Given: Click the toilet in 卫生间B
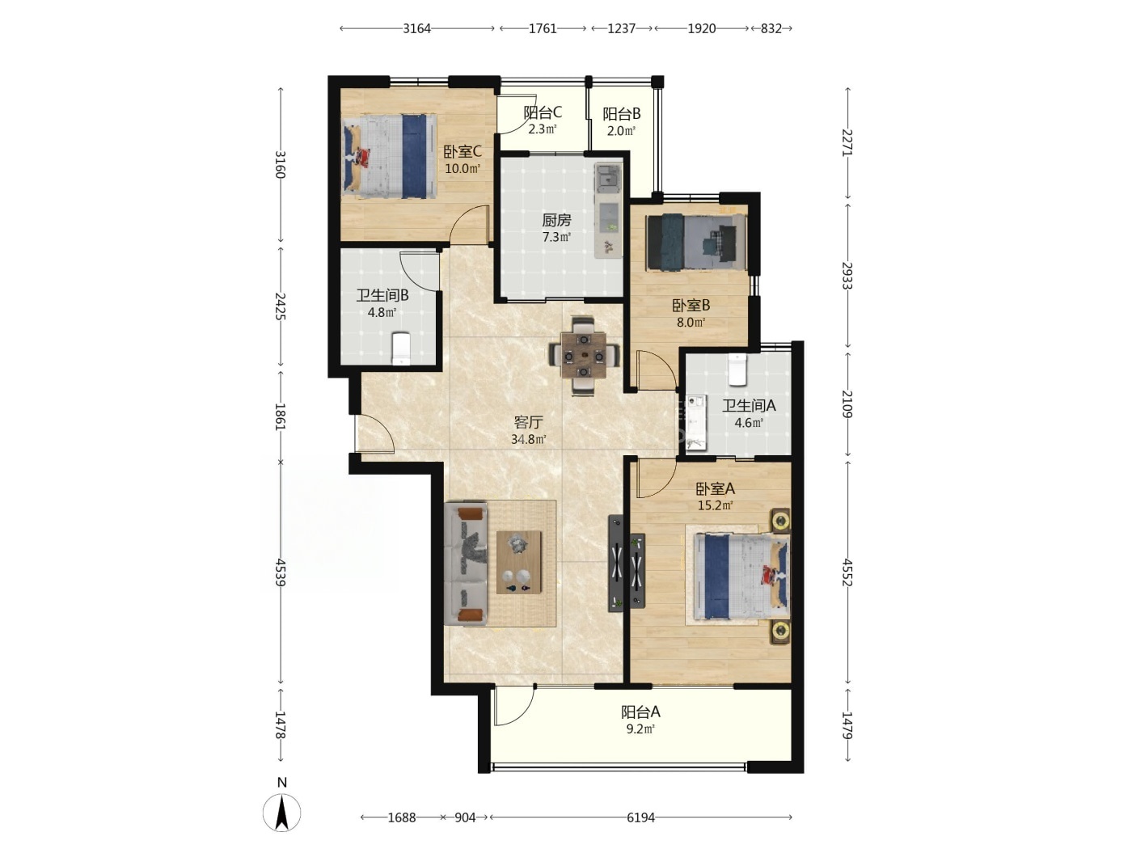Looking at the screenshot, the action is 401,348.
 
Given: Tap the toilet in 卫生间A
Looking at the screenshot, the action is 737,370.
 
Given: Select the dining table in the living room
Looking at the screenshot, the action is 584,356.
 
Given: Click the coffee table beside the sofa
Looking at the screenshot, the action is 519,563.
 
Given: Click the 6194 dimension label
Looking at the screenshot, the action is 640,817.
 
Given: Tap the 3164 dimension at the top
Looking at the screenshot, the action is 416,28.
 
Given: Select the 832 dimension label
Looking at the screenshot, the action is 771,28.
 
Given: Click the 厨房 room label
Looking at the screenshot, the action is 556,221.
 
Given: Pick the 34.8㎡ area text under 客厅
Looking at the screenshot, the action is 529,440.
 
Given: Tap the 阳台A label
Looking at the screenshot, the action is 640,712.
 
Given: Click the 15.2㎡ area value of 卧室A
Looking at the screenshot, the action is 716,505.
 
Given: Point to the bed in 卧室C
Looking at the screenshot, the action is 390,156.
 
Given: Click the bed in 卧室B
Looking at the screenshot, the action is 696,243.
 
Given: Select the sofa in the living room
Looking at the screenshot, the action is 466,564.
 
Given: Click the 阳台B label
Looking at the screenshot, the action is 622,113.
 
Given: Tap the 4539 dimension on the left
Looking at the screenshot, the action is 280,572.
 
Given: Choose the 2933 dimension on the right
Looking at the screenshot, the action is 847,276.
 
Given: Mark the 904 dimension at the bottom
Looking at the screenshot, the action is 465,817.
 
